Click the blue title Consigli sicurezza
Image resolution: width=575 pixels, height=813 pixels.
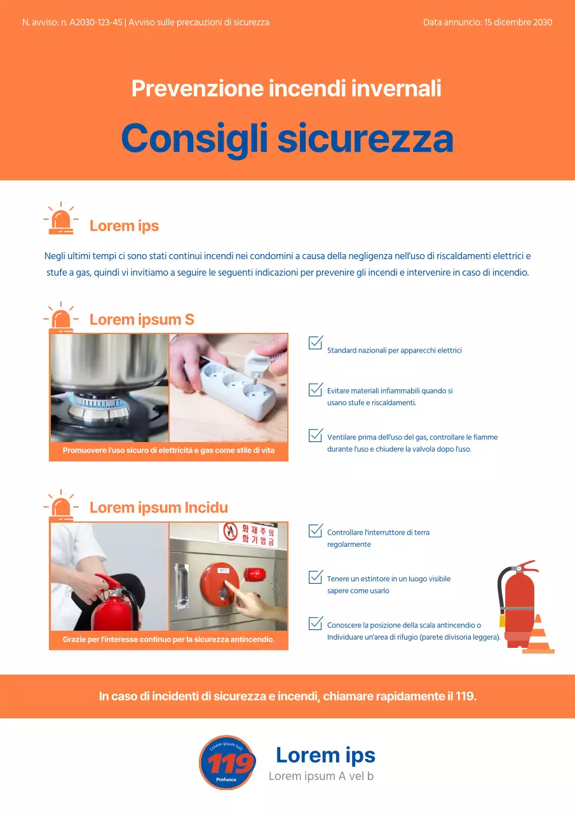287,138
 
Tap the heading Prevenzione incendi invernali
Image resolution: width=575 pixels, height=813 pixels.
287,88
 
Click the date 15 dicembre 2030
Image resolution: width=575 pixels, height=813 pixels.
518,22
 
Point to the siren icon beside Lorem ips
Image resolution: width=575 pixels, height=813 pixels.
61,219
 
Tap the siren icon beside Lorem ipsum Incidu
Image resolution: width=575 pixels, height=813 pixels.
61,504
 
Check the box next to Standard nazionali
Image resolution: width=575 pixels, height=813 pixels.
315,343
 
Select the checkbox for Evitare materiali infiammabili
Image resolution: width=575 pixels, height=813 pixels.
315,389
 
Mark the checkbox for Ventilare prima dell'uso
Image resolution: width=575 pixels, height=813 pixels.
315,436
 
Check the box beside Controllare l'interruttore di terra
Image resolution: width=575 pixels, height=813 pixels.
315,530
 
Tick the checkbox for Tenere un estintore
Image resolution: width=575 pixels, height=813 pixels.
315,577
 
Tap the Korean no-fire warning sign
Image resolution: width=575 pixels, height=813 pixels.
248,535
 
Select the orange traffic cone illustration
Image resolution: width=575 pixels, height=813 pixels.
538,635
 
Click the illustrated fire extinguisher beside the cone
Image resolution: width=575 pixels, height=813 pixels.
516,603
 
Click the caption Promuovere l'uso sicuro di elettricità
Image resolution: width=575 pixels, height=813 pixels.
168,451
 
